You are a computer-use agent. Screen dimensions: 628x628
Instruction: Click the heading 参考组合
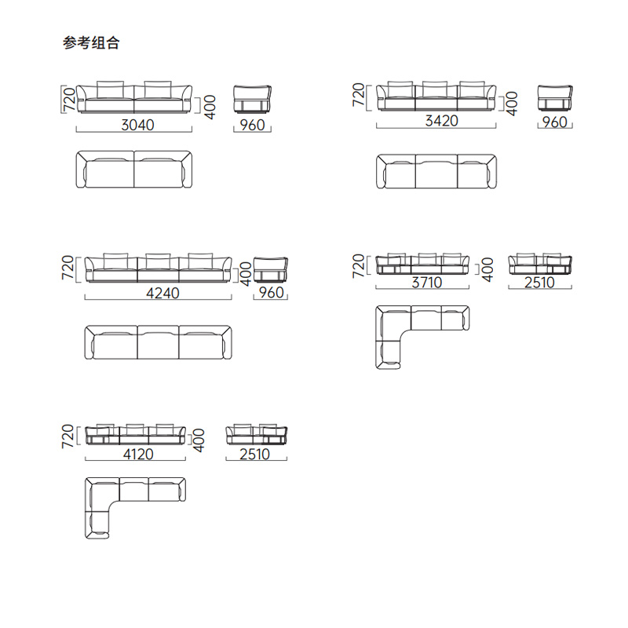click(91, 43)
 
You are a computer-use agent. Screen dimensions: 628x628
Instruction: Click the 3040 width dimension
click(138, 125)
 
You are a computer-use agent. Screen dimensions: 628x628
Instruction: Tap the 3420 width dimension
click(441, 121)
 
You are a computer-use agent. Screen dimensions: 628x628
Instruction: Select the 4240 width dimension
click(162, 293)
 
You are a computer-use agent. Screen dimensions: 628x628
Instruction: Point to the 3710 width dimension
click(427, 283)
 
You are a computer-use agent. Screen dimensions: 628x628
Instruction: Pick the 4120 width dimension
click(138, 455)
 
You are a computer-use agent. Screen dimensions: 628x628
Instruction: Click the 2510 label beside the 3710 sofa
click(539, 283)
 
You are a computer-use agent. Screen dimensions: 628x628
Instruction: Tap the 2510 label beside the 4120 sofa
click(254, 455)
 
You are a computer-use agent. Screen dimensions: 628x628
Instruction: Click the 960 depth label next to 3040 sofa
click(252, 125)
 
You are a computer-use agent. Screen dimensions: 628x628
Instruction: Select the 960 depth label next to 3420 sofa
click(555, 122)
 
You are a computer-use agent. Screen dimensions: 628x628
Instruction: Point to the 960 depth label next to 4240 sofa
click(271, 292)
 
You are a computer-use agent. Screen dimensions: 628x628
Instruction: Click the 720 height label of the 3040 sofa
click(69, 99)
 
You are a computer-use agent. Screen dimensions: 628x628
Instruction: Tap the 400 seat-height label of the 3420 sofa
click(512, 104)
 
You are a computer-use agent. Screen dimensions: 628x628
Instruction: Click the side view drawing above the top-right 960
click(555, 97)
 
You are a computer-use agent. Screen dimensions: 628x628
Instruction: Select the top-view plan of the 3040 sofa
click(134, 170)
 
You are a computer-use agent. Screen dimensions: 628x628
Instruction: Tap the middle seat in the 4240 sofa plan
click(159, 342)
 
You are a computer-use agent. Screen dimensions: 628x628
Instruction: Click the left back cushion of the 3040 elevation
click(111, 89)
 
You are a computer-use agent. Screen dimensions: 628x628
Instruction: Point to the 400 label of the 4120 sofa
click(199, 440)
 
